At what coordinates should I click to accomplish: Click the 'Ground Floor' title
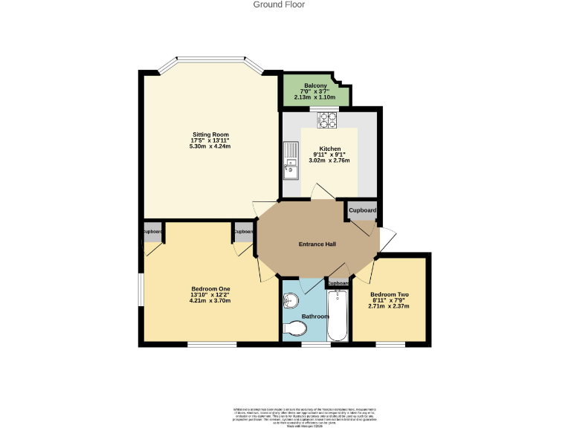279,4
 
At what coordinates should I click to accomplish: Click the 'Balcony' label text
315,85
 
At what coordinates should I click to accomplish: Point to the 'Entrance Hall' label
317,244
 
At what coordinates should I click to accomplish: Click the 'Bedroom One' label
210,288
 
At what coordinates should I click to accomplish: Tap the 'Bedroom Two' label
389,294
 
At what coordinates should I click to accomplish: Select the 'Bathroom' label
315,317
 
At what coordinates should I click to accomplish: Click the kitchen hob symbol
327,119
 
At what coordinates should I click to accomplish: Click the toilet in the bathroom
295,328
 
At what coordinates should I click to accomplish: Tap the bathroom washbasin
291,300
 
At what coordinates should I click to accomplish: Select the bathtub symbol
339,315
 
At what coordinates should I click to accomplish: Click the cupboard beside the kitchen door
363,211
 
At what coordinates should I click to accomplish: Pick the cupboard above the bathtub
338,283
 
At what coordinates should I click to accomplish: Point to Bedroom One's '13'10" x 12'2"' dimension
210,295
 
